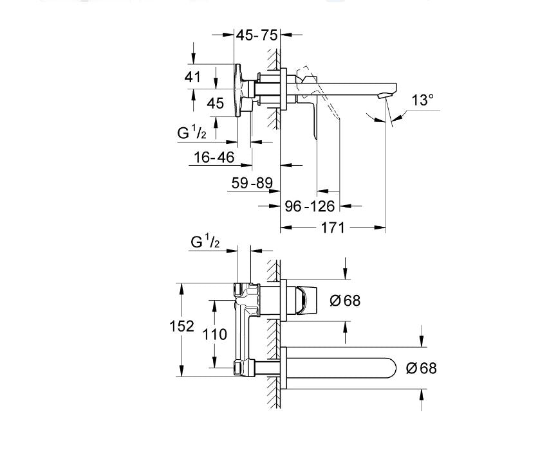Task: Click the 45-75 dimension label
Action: click(x=256, y=35)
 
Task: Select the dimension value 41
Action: click(x=193, y=77)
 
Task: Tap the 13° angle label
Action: click(x=423, y=100)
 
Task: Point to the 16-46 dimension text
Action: click(x=214, y=157)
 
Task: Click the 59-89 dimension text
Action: click(x=252, y=183)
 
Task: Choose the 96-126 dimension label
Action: click(x=310, y=206)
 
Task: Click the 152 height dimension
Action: click(x=182, y=326)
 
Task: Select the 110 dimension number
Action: click(x=214, y=334)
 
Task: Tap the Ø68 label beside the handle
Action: click(x=345, y=300)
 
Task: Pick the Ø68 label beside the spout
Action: click(x=422, y=368)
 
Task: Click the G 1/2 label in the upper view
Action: click(x=192, y=132)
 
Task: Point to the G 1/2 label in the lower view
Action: click(x=205, y=242)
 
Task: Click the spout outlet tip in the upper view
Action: click(x=386, y=96)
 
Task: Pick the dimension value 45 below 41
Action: click(x=216, y=103)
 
